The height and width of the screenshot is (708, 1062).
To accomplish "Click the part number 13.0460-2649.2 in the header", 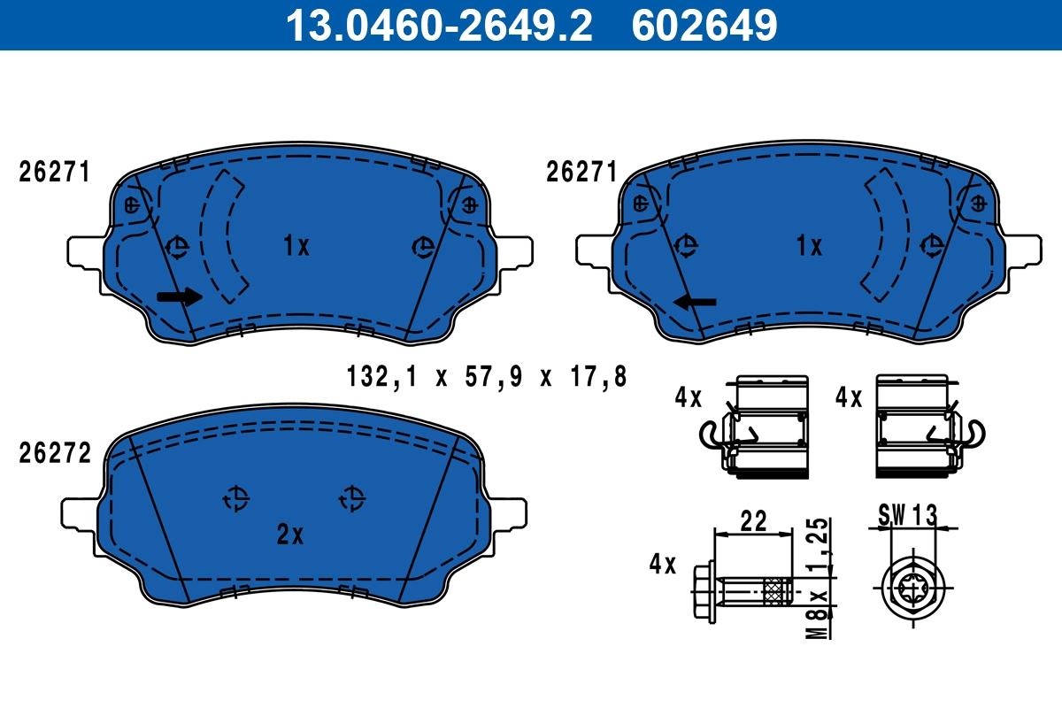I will click(x=437, y=25).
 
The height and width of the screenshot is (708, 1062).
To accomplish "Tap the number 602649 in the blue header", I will click(x=704, y=25).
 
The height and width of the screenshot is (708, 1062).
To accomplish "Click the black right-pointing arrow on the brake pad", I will click(x=180, y=297).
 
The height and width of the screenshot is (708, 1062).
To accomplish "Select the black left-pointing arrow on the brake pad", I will click(x=695, y=303).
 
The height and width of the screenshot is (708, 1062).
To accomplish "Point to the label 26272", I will click(x=55, y=454).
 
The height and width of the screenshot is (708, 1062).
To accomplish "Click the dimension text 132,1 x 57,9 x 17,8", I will click(x=487, y=378).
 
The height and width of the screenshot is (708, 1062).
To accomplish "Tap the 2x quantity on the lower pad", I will click(x=290, y=535).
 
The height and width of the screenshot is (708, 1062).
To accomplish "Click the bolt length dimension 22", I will click(x=753, y=521).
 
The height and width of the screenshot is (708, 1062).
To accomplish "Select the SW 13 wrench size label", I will click(x=907, y=514).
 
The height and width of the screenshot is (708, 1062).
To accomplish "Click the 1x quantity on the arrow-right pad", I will click(x=296, y=247).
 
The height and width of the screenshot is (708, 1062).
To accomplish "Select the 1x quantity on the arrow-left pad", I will click(x=809, y=247).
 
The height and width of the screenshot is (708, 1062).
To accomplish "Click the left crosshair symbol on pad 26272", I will click(x=235, y=499).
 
